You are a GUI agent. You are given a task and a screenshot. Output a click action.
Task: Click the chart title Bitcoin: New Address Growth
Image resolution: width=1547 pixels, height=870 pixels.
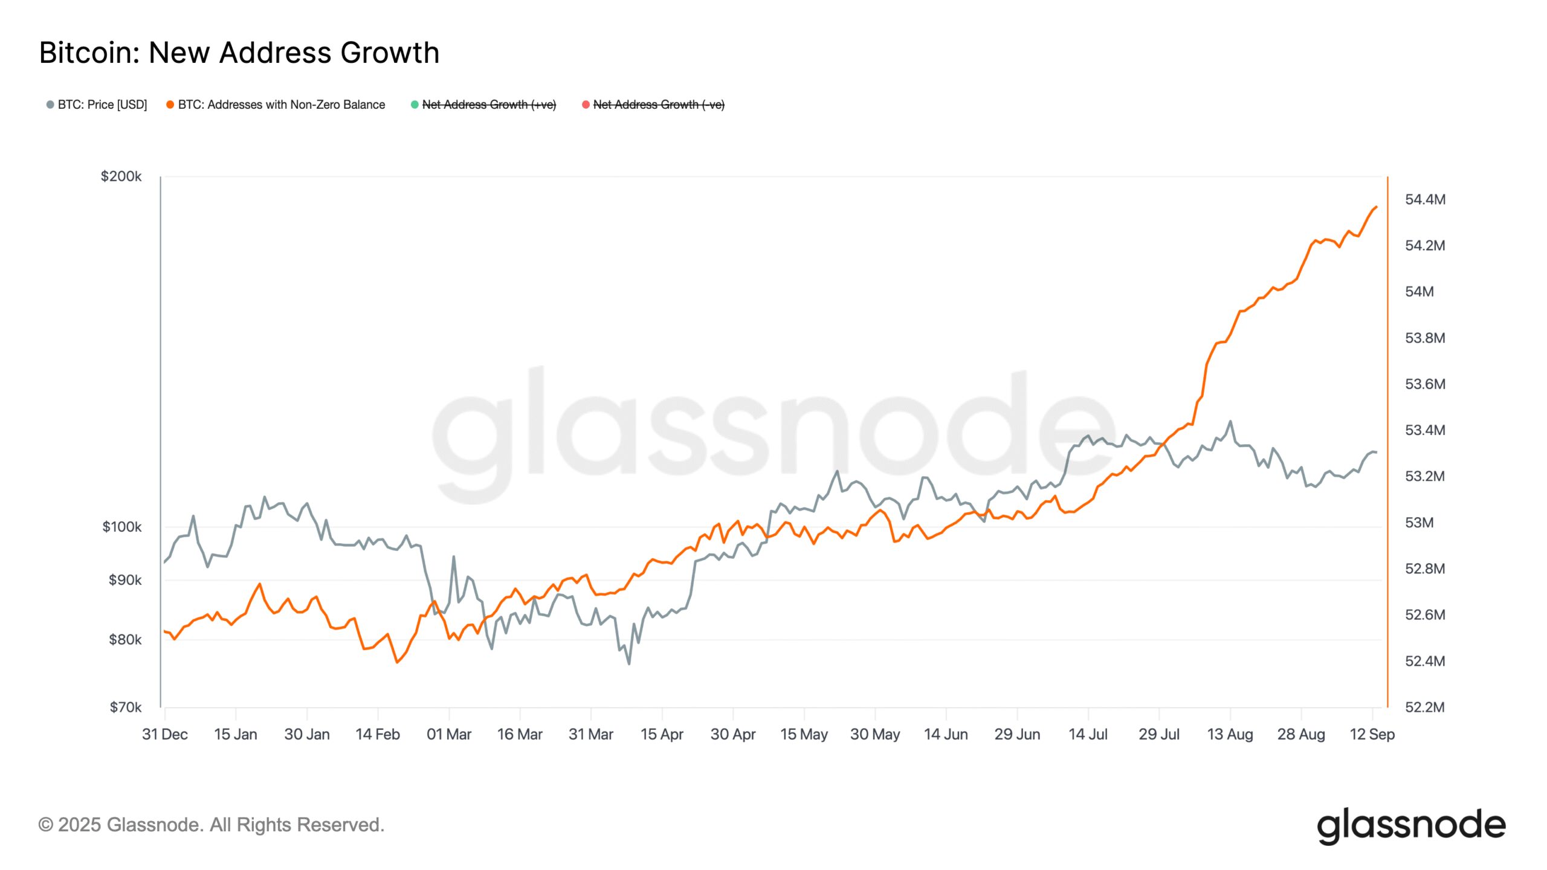[x=239, y=53]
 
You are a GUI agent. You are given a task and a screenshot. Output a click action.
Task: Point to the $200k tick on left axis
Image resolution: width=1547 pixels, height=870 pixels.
[x=121, y=176]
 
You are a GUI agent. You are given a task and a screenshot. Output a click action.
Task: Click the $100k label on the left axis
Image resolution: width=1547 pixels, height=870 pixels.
[x=121, y=527]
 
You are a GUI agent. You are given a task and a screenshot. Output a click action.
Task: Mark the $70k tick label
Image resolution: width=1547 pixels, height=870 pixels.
[x=125, y=707]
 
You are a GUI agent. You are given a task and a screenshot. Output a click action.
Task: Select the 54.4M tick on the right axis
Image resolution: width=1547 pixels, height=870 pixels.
[x=1425, y=199]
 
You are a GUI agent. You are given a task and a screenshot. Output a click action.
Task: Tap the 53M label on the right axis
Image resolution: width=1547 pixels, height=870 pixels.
[x=1419, y=523]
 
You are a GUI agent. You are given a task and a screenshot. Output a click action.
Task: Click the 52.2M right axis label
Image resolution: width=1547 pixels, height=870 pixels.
[x=1425, y=707]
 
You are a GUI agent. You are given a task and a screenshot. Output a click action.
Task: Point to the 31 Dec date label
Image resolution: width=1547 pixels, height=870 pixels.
[x=164, y=734]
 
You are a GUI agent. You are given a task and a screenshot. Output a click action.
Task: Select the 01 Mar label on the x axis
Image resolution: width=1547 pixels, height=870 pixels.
[x=448, y=734]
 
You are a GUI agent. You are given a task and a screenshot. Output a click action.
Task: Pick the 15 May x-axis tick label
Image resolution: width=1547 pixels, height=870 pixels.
[x=804, y=734]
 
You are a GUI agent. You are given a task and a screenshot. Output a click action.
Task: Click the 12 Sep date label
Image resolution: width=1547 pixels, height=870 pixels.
[x=1372, y=734]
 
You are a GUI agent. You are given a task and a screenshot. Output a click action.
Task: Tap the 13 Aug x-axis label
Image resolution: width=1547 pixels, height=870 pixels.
[x=1230, y=734]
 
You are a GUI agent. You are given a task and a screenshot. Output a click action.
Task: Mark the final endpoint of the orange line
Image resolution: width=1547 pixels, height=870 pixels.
[x=1376, y=207]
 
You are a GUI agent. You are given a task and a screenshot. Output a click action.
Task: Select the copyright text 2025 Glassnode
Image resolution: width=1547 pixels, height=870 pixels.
[x=212, y=825]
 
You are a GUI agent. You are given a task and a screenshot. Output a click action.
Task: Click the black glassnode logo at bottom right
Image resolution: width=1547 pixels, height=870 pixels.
[x=1411, y=825]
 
